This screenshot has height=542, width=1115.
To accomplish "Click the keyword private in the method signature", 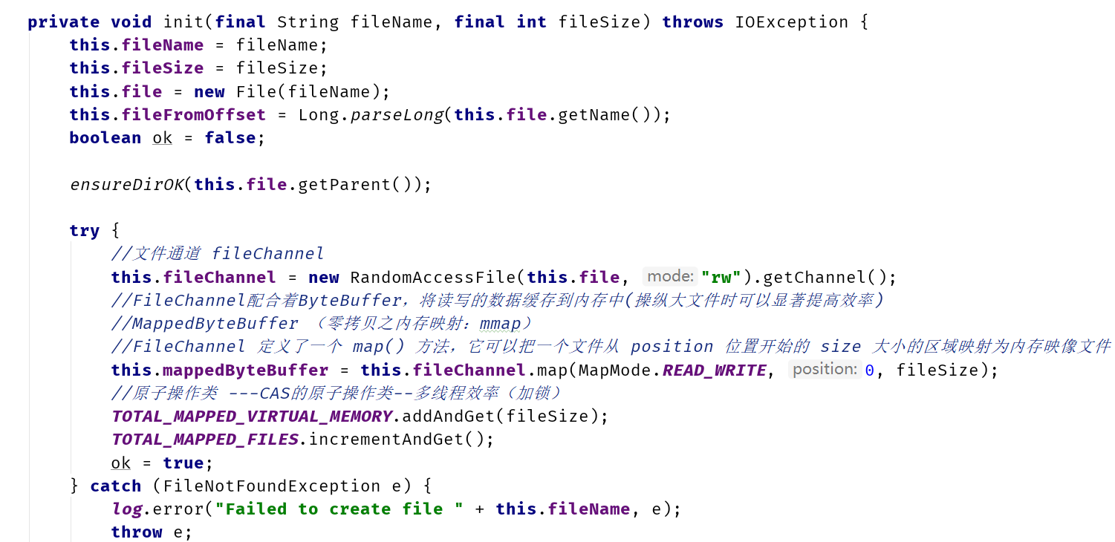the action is point(63,22).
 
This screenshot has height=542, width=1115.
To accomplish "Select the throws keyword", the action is point(692,22).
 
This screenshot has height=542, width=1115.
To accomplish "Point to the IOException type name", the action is point(791,22).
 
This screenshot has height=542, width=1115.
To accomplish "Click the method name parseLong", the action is point(397,115).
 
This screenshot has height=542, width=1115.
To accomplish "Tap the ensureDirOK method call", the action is point(127,185).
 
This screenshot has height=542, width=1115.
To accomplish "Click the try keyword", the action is point(85,231).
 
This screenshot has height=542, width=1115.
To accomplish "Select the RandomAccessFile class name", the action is point(433,277).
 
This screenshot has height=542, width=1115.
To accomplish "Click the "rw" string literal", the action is point(721,277).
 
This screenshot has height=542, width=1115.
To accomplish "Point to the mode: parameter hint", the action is point(670,276).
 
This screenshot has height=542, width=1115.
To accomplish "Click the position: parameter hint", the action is point(825,369).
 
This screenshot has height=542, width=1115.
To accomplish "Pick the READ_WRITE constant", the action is point(715,370).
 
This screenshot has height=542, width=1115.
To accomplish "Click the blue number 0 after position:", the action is point(870,370).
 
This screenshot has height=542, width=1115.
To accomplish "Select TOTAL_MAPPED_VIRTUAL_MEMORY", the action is point(252,416).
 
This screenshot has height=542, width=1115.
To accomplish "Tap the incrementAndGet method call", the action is point(386,440).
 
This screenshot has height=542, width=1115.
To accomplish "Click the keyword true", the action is point(183,463).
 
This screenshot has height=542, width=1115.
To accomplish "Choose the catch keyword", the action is point(116,486).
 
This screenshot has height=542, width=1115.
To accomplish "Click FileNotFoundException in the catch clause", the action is point(271,486).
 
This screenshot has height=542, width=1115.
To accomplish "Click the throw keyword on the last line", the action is point(137,532).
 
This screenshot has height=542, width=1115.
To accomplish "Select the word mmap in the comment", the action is point(500,324).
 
